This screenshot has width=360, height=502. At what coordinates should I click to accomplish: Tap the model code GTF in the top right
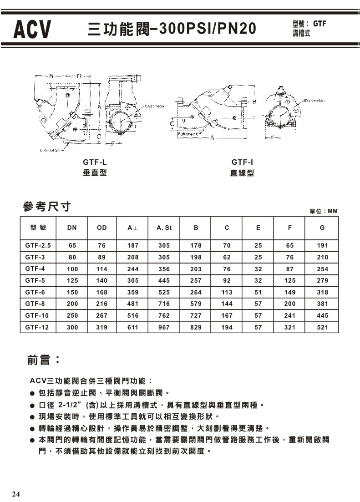(319, 25)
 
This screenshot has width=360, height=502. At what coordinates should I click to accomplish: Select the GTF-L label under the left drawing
(95, 162)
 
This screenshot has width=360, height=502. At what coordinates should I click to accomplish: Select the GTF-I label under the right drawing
(242, 162)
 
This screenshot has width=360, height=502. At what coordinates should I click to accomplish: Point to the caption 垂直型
(95, 173)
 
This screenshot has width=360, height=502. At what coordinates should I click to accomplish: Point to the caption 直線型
(242, 173)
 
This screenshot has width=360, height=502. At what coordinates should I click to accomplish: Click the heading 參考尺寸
(47, 207)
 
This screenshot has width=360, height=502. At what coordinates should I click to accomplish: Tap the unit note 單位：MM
(324, 211)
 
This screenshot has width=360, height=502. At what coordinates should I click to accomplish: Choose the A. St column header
(164, 228)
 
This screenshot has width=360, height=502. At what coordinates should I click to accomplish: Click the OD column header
(102, 228)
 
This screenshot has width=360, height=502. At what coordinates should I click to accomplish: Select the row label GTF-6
(35, 292)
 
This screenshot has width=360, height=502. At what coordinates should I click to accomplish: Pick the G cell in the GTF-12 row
(322, 327)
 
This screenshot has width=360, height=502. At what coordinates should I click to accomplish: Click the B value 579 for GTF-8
(196, 304)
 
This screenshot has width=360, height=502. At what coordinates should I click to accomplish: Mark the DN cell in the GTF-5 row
(72, 280)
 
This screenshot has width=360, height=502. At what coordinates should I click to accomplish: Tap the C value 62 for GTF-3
(227, 257)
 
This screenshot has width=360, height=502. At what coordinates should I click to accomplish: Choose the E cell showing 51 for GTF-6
(258, 292)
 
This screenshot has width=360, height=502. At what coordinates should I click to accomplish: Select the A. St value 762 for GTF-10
(164, 315)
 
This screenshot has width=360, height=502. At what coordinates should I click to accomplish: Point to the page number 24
(16, 494)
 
